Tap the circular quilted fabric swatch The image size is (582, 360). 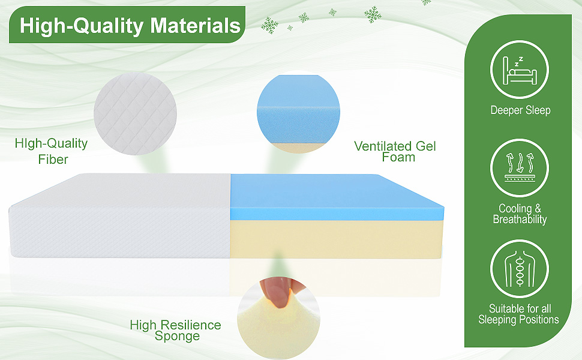coord(135,115)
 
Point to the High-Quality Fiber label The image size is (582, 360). coord(51,151)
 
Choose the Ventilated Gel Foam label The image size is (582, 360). coord(395,151)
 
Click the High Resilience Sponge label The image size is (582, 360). coord(176,330)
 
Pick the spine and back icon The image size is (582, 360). coord(520,266)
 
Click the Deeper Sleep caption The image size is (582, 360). coord(520,110)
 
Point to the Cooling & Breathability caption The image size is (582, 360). coord(520,214)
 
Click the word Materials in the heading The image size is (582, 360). coord(195,26)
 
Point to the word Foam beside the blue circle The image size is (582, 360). coord(398,157)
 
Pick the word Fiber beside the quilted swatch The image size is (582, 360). coord(53,160)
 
